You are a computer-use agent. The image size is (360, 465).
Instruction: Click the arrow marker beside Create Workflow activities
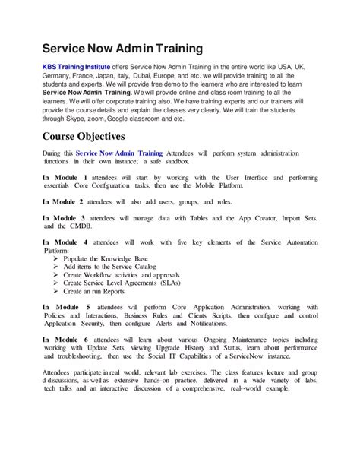pos(57,275)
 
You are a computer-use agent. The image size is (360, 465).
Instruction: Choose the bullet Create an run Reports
pos(94,291)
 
